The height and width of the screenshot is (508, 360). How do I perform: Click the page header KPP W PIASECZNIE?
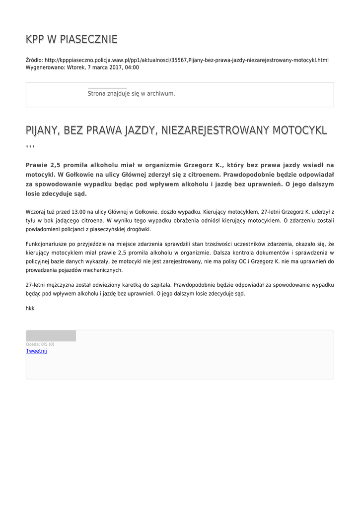click(x=72, y=39)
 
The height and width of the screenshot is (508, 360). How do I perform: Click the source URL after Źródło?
click(x=186, y=60)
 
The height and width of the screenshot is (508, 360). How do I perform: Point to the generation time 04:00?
click(x=132, y=67)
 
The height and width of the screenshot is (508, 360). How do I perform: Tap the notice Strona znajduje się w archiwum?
click(x=131, y=93)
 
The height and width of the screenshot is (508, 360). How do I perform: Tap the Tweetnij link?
click(x=36, y=351)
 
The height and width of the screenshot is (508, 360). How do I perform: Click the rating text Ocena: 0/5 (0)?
click(x=40, y=344)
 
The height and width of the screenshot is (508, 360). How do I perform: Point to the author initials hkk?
click(x=30, y=308)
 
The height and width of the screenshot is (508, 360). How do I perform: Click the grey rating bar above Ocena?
click(x=51, y=336)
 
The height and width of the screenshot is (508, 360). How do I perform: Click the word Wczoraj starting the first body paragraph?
click(x=36, y=211)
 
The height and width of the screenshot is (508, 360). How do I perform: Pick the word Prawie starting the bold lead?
click(x=36, y=165)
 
